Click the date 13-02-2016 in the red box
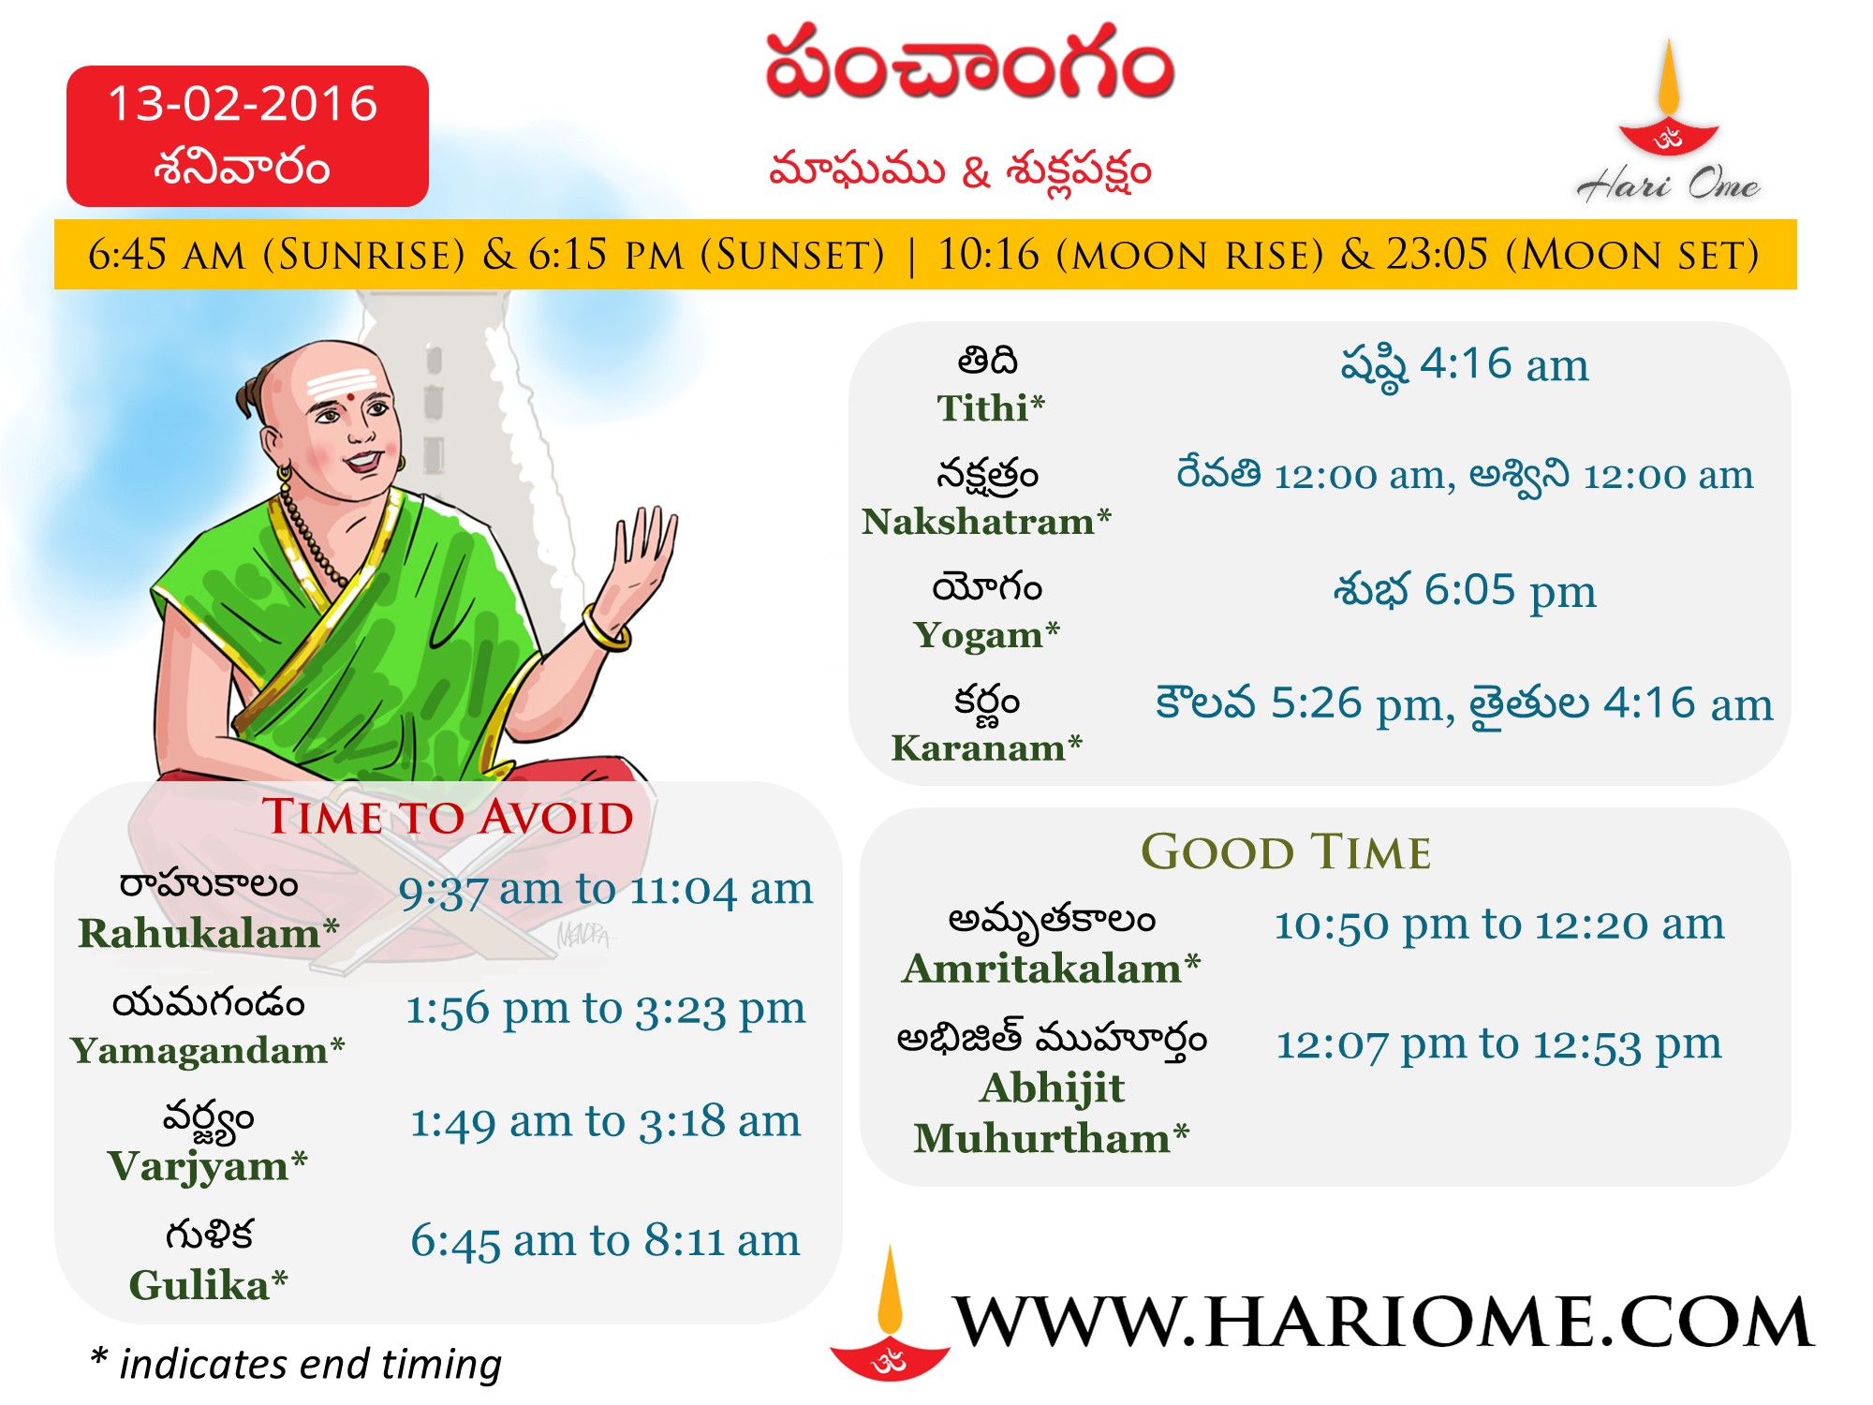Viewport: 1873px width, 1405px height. (x=243, y=103)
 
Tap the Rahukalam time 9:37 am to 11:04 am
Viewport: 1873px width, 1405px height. (x=606, y=890)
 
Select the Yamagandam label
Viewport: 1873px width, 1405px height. (x=208, y=1051)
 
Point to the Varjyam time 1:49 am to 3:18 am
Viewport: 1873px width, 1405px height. (x=606, y=1121)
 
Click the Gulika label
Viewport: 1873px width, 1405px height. (x=208, y=1284)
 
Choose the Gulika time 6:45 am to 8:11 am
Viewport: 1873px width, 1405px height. (x=606, y=1240)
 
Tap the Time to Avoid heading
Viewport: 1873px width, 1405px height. (x=448, y=816)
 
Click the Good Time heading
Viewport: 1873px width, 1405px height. (x=1286, y=851)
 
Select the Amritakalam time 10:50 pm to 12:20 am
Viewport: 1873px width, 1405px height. (x=1499, y=924)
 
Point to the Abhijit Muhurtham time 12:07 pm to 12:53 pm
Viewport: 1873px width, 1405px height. (x=1499, y=1043)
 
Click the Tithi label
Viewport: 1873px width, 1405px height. (x=991, y=407)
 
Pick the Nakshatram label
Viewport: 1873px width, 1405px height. (x=986, y=521)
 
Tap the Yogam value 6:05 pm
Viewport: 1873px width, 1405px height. (x=1510, y=591)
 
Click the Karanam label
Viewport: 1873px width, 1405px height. (x=986, y=747)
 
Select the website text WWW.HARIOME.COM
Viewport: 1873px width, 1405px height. (x=1382, y=1323)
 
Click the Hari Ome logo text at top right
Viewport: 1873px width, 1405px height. (x=1668, y=184)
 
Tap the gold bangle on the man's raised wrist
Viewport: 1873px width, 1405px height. (x=607, y=629)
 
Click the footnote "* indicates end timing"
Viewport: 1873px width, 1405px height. (x=296, y=1364)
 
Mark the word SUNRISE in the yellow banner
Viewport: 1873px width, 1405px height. (x=363, y=255)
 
